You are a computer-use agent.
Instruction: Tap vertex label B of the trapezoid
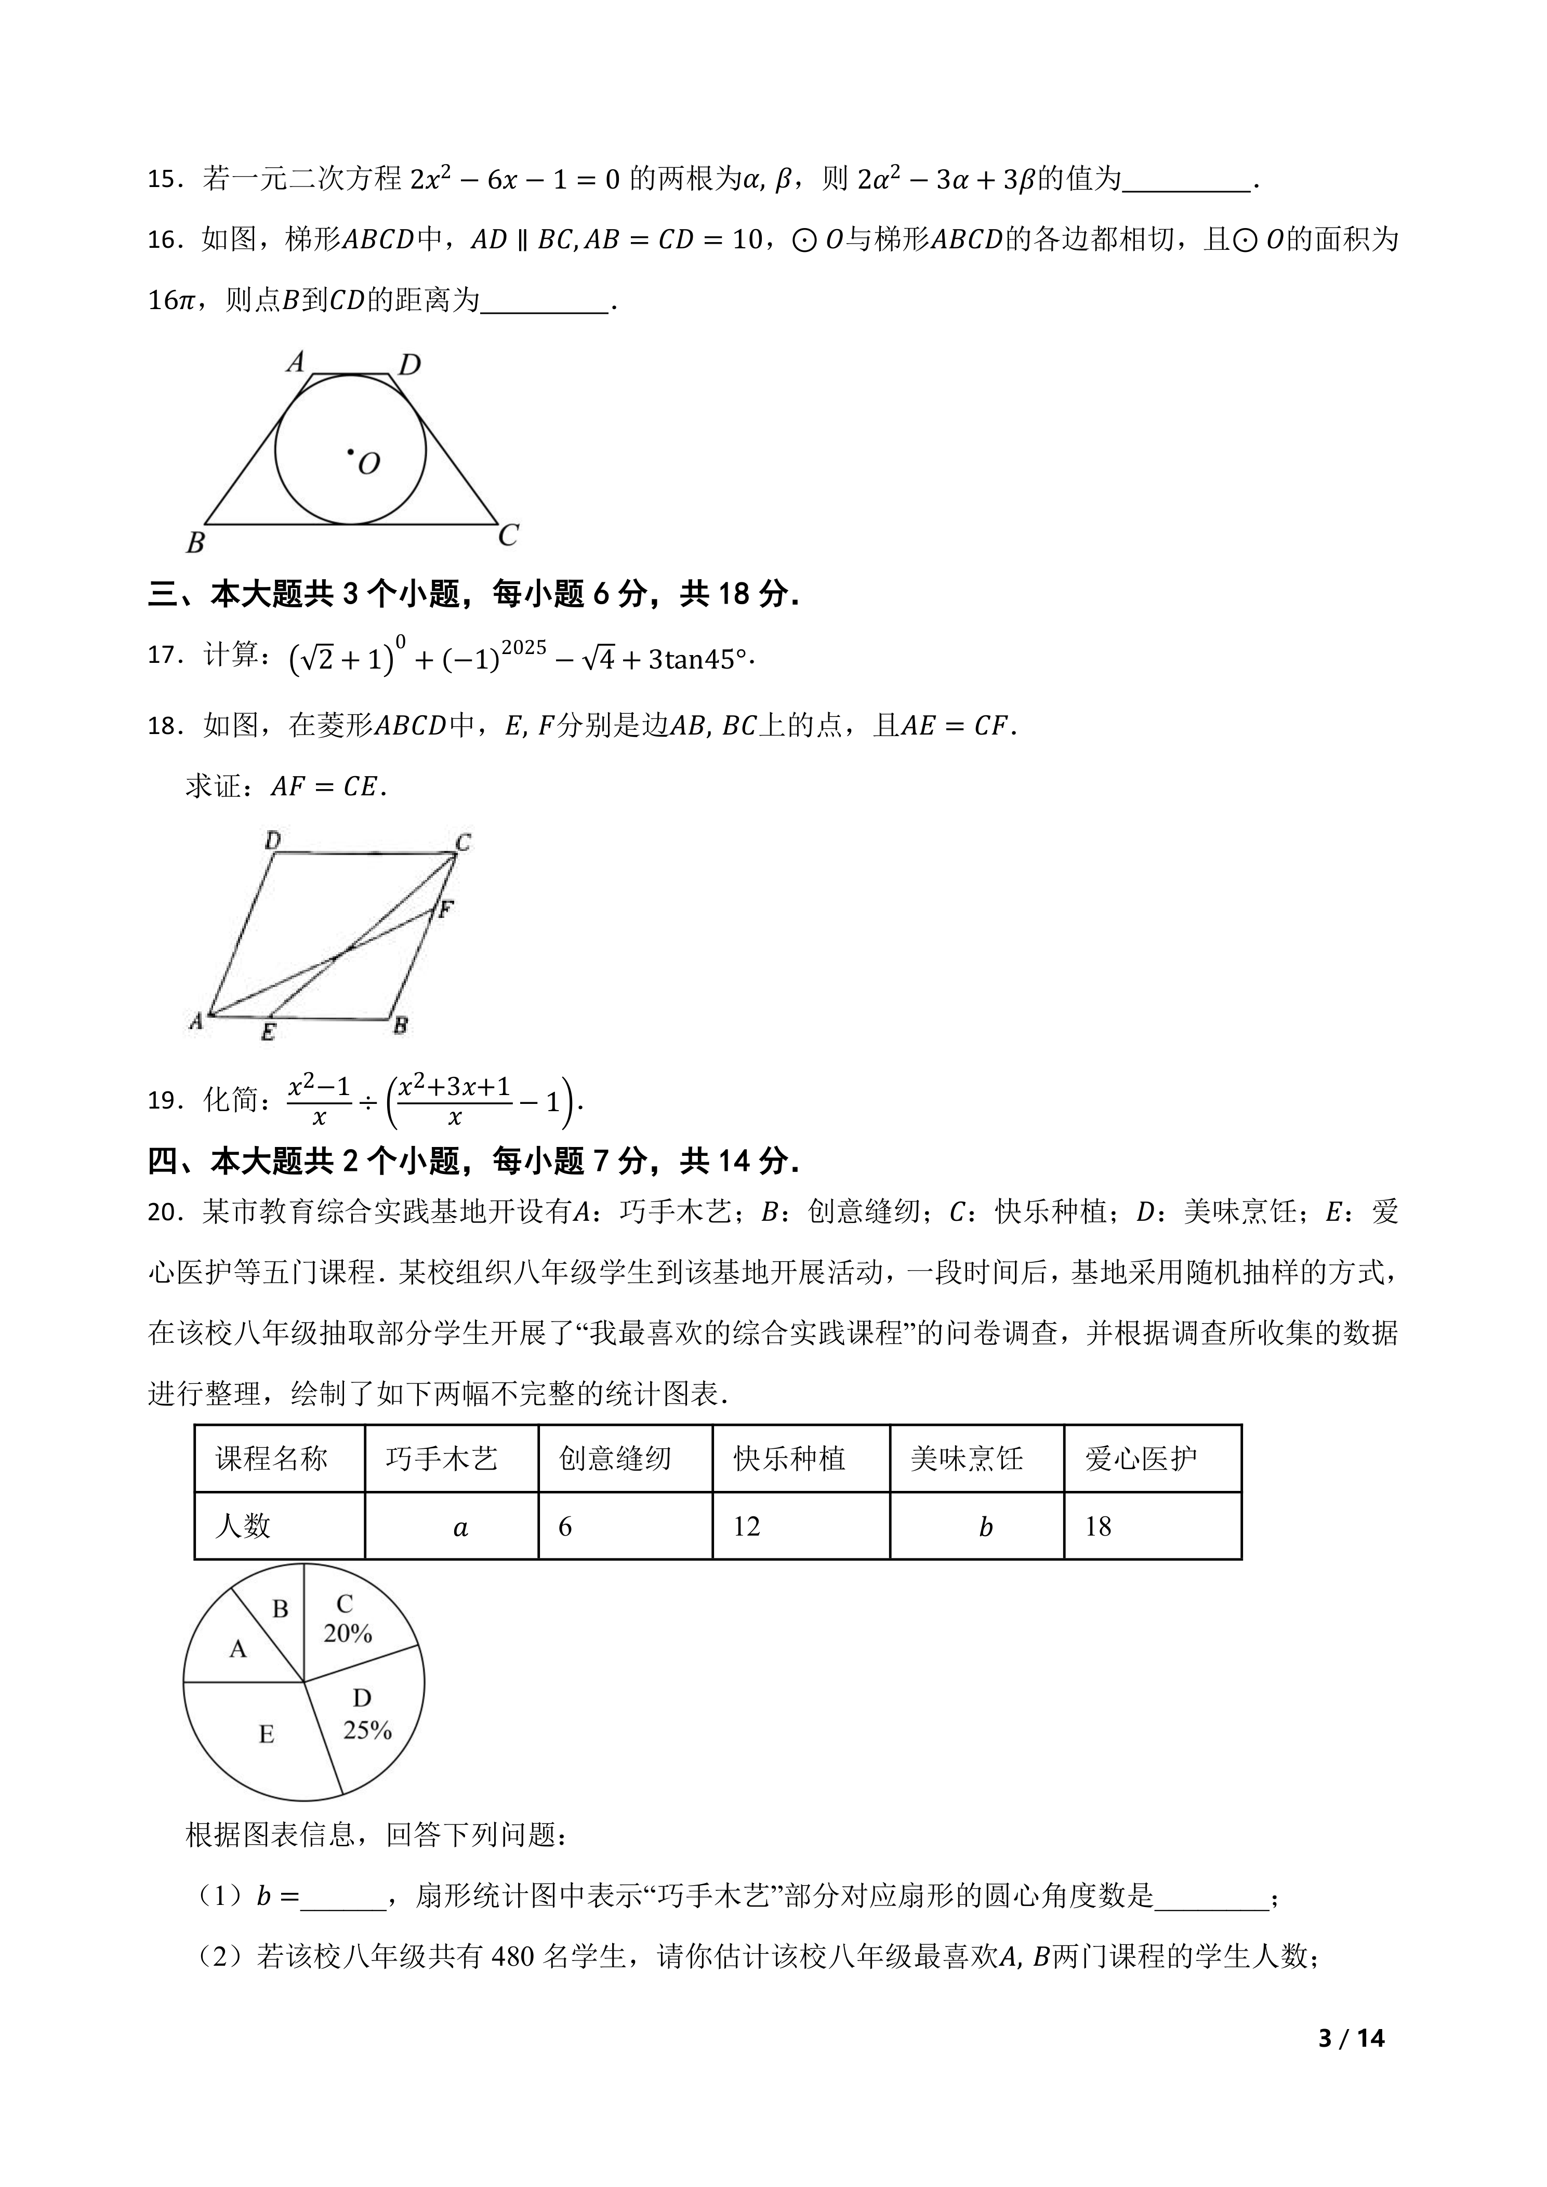pyautogui.click(x=195, y=543)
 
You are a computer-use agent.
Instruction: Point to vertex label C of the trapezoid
pyautogui.click(x=508, y=535)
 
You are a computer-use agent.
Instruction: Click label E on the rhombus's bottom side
pyautogui.click(x=269, y=1032)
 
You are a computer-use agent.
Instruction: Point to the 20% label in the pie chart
pyautogui.click(x=348, y=1634)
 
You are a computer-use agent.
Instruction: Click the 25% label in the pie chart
pyautogui.click(x=368, y=1730)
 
